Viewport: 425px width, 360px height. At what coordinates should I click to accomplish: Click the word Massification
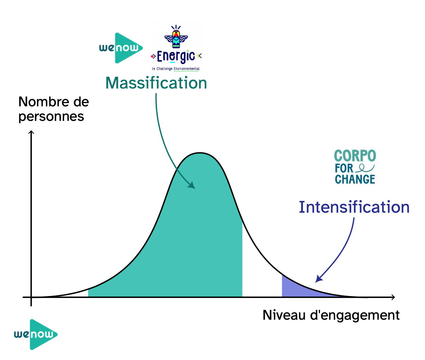point(156,83)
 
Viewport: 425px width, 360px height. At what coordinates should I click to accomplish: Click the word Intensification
point(354,207)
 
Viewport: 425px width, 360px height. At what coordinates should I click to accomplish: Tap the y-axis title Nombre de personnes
point(54,109)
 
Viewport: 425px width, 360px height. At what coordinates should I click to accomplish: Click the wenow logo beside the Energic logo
point(121,48)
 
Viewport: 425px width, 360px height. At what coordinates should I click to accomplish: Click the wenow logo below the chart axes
point(36,335)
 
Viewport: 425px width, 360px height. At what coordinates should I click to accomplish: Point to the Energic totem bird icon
point(176,37)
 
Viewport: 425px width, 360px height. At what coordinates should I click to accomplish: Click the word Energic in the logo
point(176,56)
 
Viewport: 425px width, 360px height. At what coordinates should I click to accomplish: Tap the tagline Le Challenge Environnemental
point(176,69)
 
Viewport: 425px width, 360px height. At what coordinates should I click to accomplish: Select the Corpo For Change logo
point(355,167)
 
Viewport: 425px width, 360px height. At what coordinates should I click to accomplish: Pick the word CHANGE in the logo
point(355,179)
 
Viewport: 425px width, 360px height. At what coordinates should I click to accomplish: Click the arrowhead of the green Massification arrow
point(191,185)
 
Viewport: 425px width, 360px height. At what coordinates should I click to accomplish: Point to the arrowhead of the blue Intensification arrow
point(319,279)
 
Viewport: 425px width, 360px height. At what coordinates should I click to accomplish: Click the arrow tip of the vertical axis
point(31,131)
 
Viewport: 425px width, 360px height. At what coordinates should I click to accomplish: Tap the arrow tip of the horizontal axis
point(395,297)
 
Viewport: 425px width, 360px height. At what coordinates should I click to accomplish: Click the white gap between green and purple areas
point(262,277)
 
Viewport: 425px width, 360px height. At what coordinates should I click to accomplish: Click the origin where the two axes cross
point(31,297)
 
